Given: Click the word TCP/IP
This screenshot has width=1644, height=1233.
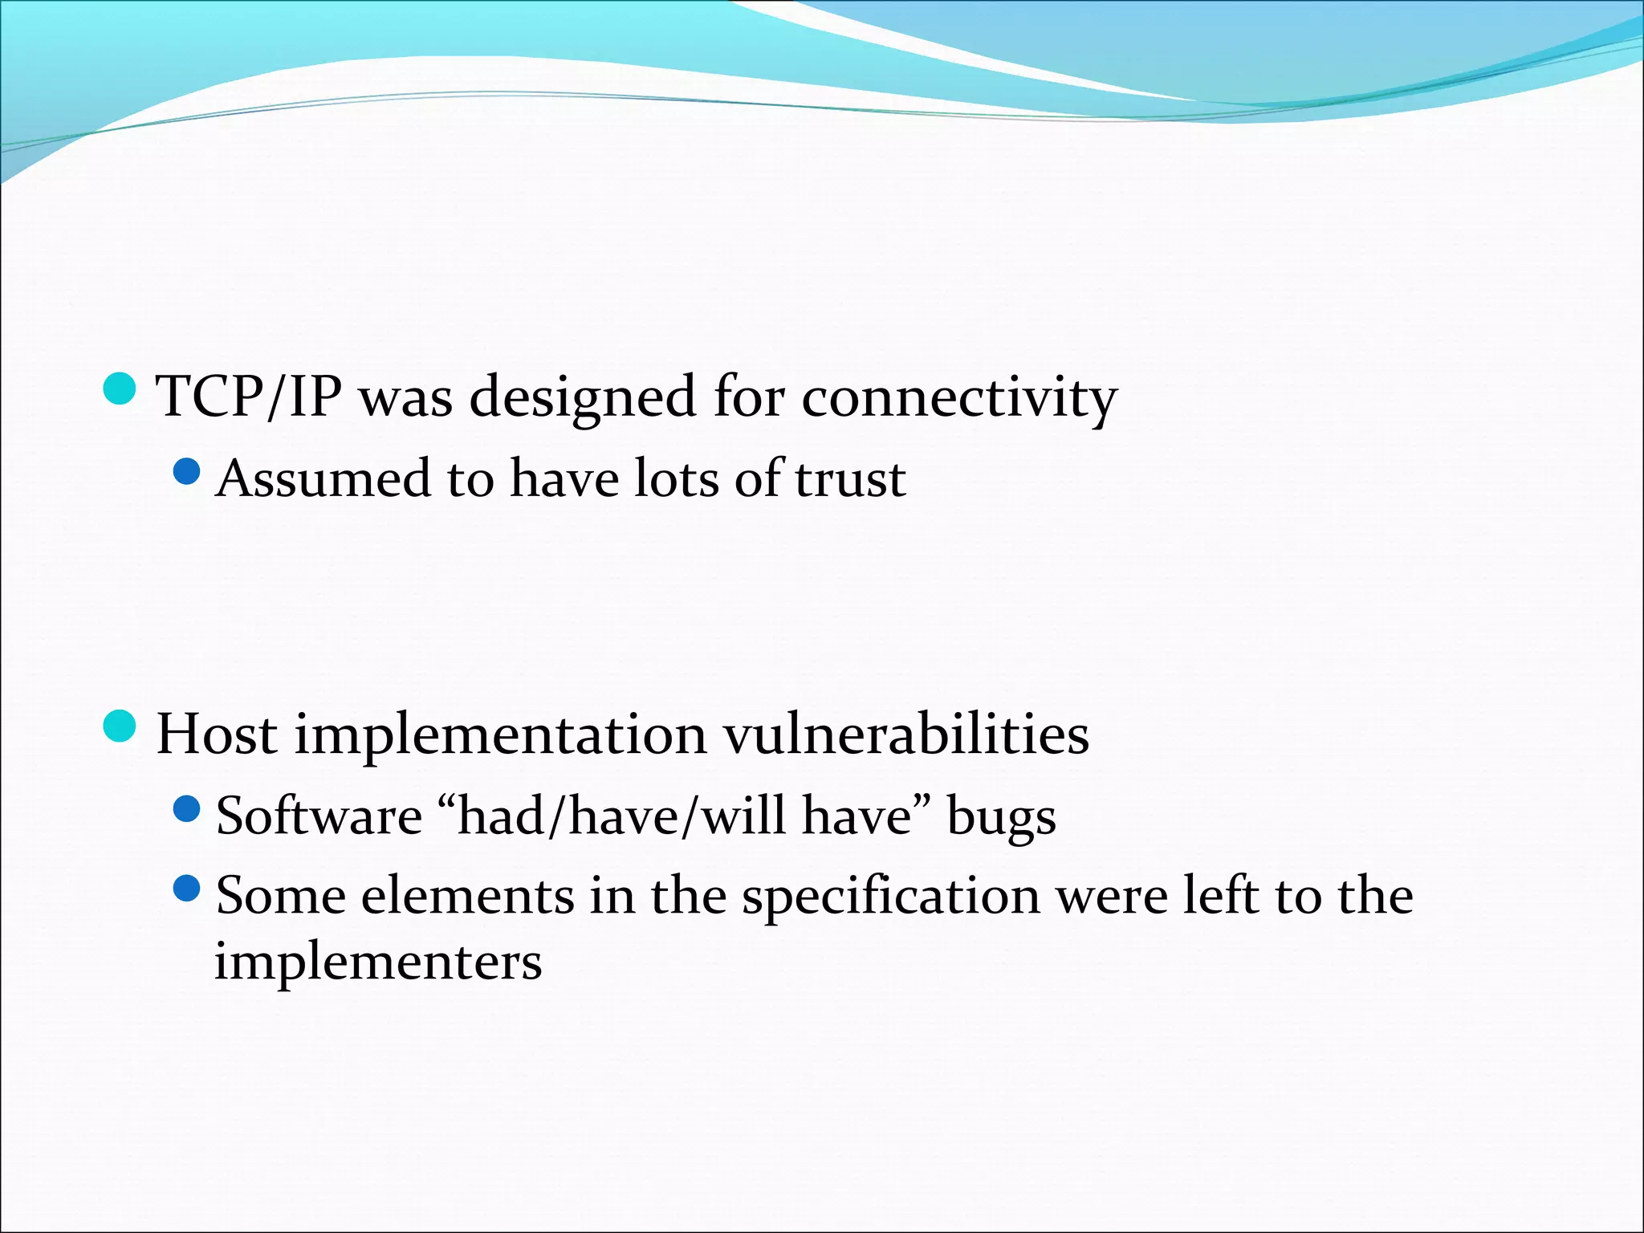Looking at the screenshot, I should (249, 397).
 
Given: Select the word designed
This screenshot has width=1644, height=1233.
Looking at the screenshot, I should (582, 398).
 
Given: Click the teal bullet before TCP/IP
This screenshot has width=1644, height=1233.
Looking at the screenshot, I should (120, 389).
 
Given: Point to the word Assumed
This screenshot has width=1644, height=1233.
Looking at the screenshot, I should (323, 478).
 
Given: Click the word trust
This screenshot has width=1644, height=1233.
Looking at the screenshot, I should (850, 478).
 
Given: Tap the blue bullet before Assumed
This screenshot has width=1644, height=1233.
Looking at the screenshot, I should (186, 471).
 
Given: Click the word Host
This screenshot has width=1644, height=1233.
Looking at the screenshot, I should (217, 735).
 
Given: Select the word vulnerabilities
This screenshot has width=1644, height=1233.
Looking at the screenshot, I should (906, 735).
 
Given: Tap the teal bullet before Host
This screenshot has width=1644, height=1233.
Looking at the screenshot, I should (120, 726).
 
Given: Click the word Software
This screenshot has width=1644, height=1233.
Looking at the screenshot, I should (319, 816).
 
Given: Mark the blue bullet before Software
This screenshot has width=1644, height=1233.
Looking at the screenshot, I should (186, 808).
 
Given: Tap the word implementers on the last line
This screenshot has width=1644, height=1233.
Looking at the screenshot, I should (377, 962).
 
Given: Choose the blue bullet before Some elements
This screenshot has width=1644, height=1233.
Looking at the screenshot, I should (186, 889).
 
